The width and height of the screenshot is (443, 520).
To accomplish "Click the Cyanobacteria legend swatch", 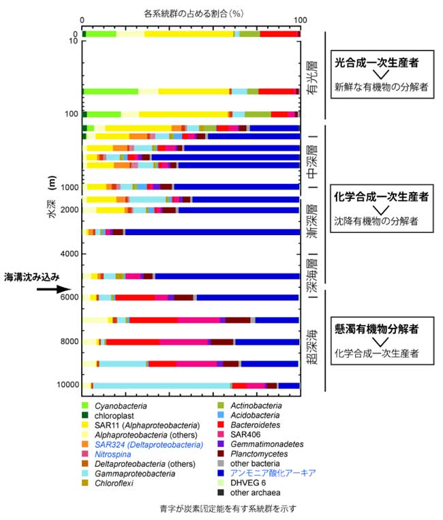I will [87, 405].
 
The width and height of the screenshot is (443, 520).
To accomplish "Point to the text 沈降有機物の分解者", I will [376, 221].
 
